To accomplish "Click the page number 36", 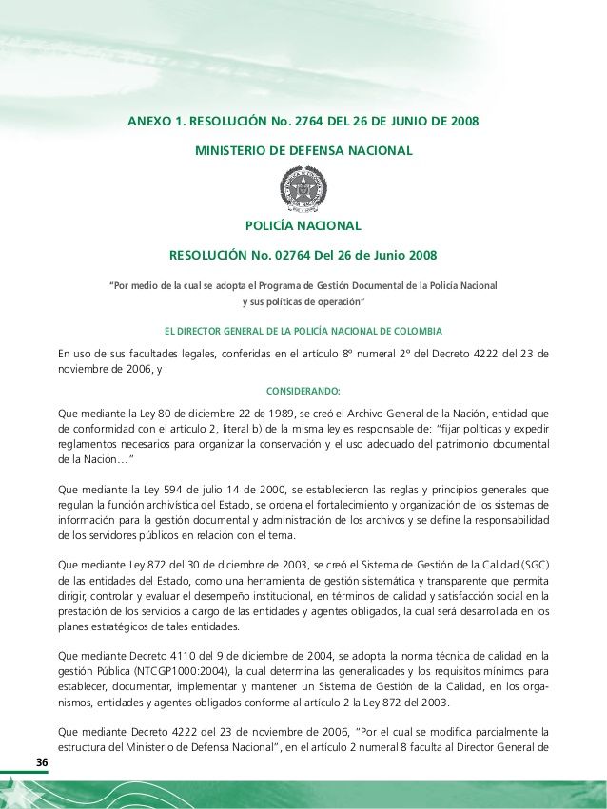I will pyautogui.click(x=42, y=763).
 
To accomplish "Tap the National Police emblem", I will pyautogui.click(x=303, y=187).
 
